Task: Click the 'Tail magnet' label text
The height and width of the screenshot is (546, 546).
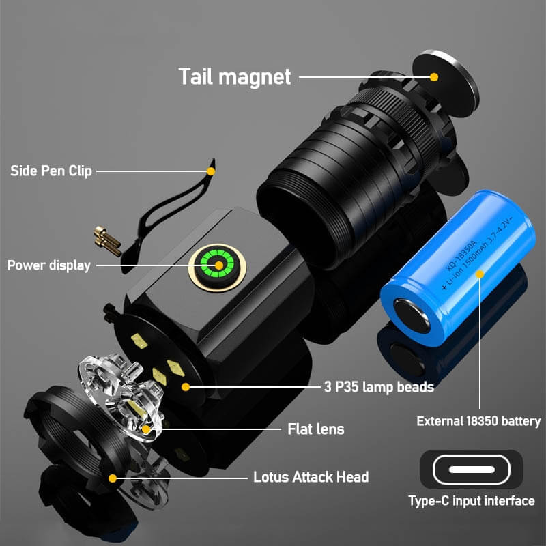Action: tap(234, 76)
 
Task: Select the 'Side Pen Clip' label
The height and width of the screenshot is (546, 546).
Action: tap(51, 171)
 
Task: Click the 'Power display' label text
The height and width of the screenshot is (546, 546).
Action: tap(48, 265)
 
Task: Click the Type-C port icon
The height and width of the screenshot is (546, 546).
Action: tap(471, 470)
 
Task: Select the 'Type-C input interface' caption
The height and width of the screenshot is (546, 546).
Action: tap(471, 501)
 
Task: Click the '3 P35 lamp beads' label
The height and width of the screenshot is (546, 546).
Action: tap(378, 387)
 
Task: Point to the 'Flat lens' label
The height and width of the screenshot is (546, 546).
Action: tap(315, 429)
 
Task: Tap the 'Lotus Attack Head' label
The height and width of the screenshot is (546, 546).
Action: tap(311, 477)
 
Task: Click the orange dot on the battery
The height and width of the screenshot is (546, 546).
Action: tap(480, 274)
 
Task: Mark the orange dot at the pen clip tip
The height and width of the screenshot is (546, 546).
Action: tap(211, 171)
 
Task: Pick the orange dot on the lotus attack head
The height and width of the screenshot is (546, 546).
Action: tap(113, 478)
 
